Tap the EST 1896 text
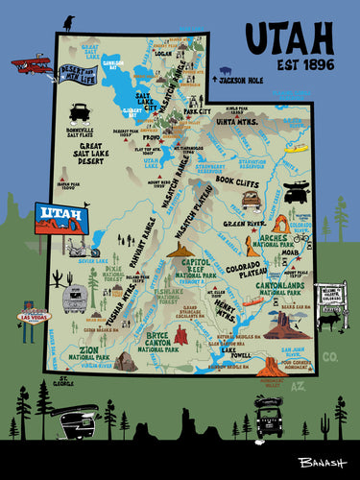point(289,69)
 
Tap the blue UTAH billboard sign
point(61,220)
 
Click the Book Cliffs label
point(237,180)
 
